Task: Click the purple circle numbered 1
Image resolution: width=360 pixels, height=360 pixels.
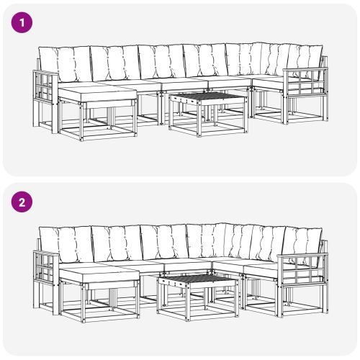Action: (22, 23)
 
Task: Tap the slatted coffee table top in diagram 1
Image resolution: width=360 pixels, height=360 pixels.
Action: (208, 96)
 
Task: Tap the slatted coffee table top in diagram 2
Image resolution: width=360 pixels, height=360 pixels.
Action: (198, 279)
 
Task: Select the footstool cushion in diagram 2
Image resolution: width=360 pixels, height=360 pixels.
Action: (99, 274)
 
